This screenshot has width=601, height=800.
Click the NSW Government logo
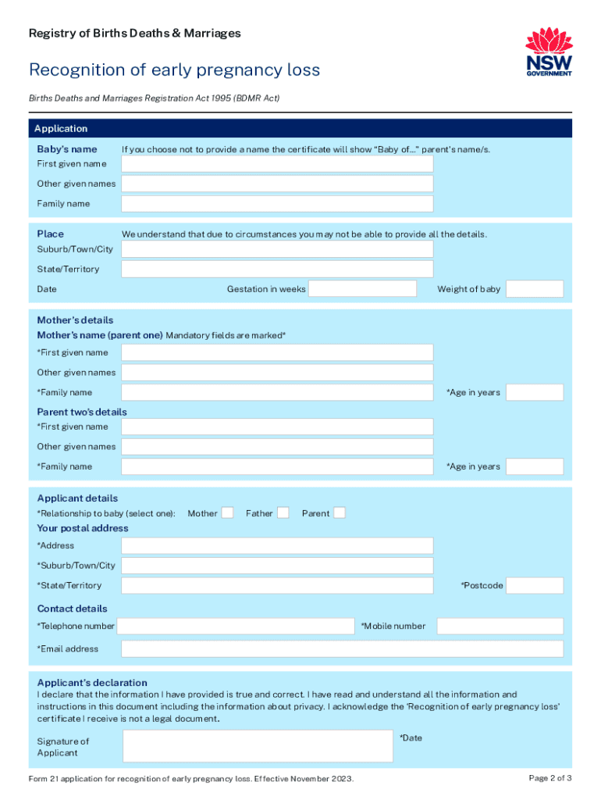pos(549,52)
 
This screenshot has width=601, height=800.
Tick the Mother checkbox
pos(227,513)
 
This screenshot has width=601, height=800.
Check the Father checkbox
pos(283,513)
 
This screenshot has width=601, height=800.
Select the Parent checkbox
pos(340,513)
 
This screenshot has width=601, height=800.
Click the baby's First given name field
pos(277,164)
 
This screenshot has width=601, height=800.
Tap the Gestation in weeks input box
pos(363,289)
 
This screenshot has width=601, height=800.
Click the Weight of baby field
pos(534,289)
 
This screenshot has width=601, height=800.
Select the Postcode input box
pos(534,586)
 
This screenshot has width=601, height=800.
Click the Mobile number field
pos(500,626)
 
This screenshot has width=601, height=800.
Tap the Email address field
pos(342,649)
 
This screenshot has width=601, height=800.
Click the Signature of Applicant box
pos(258,746)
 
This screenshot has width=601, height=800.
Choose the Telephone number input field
pos(236,626)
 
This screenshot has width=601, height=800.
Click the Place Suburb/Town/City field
pos(277,249)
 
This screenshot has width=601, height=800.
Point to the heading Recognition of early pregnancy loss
pos(174,70)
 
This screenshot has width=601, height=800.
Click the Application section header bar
pos(300,129)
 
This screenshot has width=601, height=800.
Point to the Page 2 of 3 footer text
pos(550,778)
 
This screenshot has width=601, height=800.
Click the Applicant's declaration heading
pos(92,683)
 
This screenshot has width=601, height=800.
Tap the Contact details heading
pos(73,609)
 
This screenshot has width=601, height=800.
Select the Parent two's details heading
pos(82,412)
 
